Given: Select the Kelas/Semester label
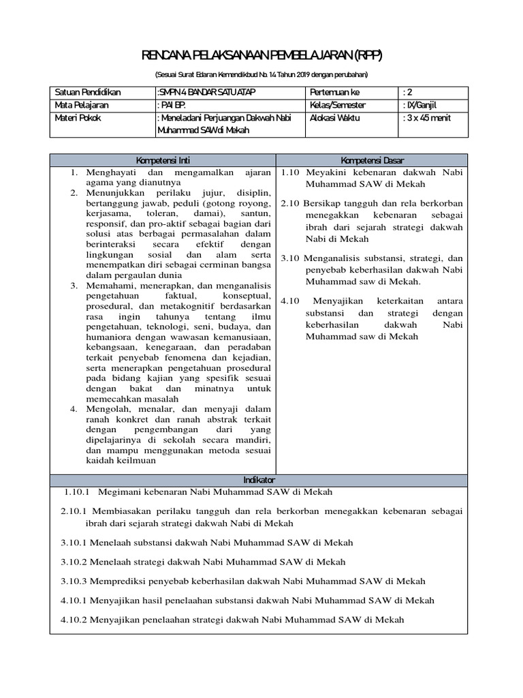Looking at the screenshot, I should (337, 105).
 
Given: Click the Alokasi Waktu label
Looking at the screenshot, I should (334, 117).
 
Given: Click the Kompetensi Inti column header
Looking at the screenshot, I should (163, 160).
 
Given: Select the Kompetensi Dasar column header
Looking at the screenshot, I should (372, 160).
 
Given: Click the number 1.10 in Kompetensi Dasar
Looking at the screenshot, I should (291, 172).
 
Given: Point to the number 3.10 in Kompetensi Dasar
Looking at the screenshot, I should (291, 258).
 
